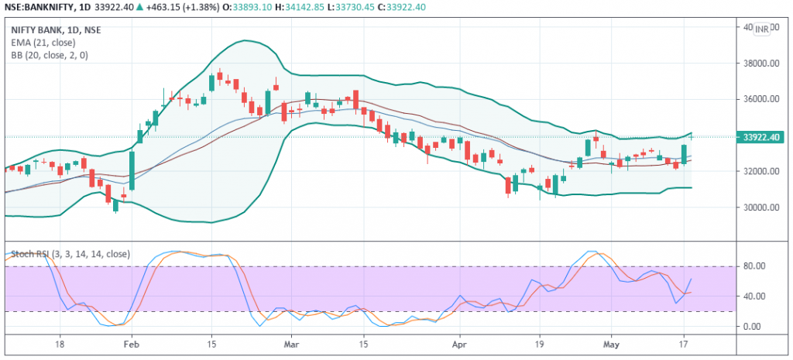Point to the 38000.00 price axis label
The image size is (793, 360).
[760, 63]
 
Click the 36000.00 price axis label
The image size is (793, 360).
[760, 99]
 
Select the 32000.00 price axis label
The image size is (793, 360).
[760, 171]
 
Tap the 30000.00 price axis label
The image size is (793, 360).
[760, 207]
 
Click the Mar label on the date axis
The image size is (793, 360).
[290, 341]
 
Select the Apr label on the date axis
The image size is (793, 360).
[458, 341]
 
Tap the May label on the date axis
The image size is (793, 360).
[611, 341]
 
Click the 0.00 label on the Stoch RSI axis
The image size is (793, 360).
[754, 327]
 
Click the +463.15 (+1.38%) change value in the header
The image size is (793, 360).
[180, 8]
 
